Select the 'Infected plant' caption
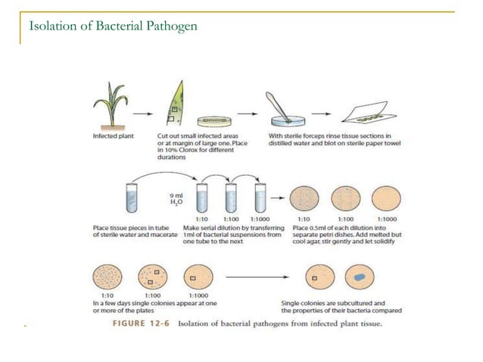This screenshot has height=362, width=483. (109, 137)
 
